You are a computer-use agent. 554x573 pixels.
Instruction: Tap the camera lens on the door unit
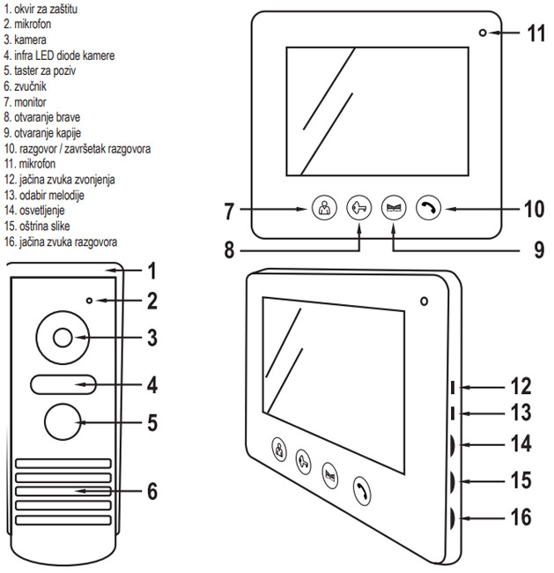click(62, 338)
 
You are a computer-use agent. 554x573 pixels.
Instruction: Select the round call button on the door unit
click(62, 422)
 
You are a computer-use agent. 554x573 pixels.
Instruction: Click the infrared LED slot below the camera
click(62, 383)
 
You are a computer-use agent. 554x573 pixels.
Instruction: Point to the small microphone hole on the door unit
click(90, 301)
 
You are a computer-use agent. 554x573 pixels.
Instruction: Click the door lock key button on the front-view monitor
click(358, 210)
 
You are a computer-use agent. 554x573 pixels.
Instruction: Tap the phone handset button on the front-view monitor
click(429, 210)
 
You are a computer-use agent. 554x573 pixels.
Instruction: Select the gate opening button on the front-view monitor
click(394, 210)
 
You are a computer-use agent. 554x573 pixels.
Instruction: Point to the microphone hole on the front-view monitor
click(483, 33)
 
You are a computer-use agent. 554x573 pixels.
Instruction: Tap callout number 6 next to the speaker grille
click(152, 490)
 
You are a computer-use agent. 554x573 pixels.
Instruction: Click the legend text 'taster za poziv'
click(49, 69)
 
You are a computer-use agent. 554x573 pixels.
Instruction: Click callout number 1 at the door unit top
click(151, 270)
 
